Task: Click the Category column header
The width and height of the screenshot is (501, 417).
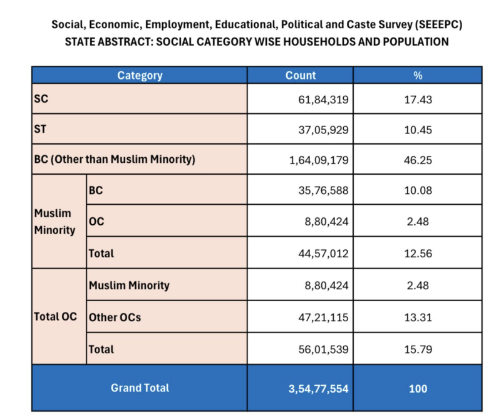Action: click(140, 76)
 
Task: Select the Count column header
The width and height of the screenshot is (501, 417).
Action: click(301, 76)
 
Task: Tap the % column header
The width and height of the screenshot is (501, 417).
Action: click(418, 76)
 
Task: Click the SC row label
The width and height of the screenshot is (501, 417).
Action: click(41, 100)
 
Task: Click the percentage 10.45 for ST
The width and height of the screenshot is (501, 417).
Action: click(418, 130)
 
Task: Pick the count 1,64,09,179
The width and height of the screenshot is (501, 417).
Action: click(319, 160)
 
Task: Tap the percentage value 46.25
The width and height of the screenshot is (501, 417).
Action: click(418, 160)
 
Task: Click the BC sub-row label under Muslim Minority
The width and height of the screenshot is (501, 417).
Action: click(96, 191)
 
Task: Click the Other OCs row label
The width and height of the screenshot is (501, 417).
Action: click(115, 317)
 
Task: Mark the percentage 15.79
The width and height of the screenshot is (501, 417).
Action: click(418, 349)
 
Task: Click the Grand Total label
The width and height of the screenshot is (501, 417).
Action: click(140, 388)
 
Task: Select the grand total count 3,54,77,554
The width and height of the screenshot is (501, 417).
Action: click(318, 389)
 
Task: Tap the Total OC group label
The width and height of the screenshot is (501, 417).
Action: click(55, 317)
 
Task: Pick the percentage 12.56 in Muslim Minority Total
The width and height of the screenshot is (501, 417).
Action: click(418, 254)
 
